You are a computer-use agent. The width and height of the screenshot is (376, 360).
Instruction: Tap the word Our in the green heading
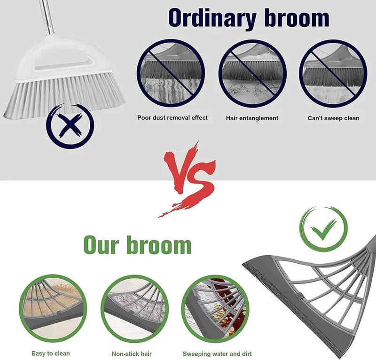[103, 245]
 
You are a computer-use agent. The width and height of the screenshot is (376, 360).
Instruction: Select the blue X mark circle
[70, 126]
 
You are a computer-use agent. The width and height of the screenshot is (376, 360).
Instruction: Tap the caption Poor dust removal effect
[172, 117]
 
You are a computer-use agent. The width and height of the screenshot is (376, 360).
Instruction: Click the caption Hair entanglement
[252, 118]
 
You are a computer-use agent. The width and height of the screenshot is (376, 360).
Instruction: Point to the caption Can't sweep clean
[333, 118]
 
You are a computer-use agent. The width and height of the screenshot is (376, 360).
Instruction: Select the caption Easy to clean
[51, 353]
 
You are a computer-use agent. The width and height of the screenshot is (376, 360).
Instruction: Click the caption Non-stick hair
[132, 354]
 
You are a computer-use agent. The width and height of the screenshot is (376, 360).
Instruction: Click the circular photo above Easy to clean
[52, 308]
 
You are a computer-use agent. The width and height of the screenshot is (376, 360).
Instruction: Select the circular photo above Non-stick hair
[133, 308]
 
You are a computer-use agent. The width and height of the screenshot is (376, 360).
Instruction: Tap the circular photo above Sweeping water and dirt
[215, 308]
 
